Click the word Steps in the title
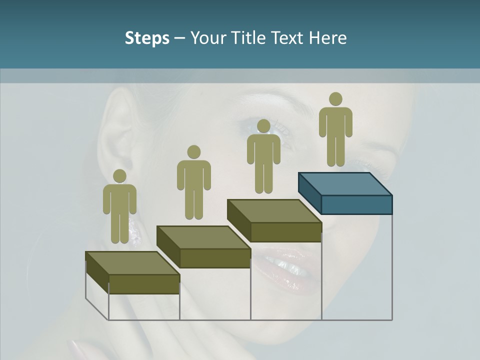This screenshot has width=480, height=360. (x=147, y=38)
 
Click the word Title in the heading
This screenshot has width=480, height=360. (x=250, y=38)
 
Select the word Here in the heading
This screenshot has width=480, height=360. (x=327, y=38)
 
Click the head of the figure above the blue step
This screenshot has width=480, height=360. (x=335, y=99)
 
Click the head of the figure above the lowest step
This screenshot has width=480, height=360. (x=119, y=176)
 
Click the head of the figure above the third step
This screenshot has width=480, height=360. (x=263, y=126)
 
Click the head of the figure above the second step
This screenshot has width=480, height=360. (x=193, y=152)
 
